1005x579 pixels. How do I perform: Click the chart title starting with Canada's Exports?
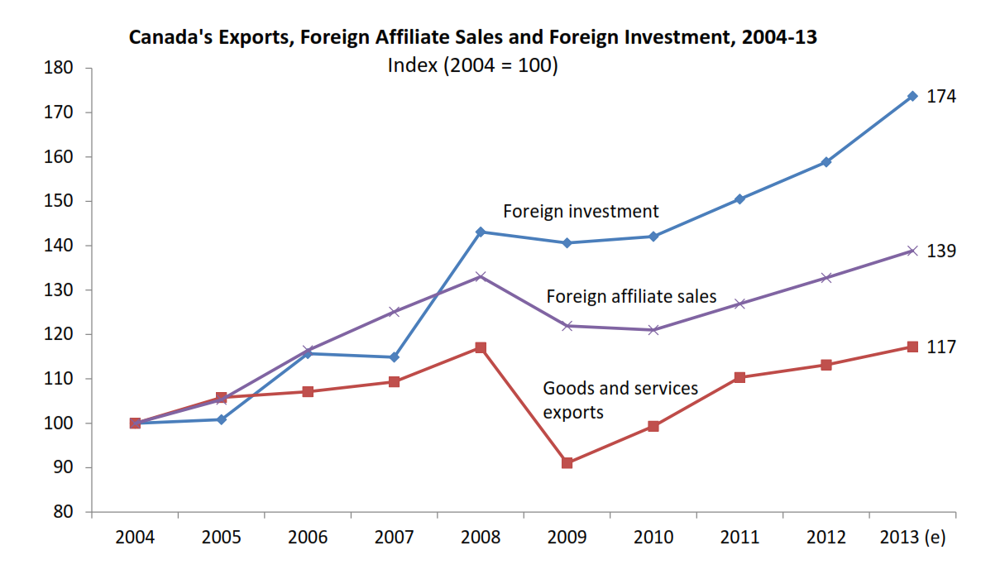pos(472,37)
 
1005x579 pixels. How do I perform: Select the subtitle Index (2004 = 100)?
pos(472,65)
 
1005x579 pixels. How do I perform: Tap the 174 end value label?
pos(941,97)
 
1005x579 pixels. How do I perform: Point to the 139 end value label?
pos(941,251)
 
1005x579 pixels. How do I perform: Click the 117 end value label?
pos(941,347)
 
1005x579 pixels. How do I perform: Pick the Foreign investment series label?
pos(581,211)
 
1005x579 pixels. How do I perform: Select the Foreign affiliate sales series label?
pos(631,296)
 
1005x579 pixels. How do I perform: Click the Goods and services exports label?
pos(620,400)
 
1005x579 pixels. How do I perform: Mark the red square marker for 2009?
pos(567,463)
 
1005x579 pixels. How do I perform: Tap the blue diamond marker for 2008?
pos(481,232)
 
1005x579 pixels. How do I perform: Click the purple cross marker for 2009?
pos(567,326)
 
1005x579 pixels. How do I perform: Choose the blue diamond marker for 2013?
pos(912,96)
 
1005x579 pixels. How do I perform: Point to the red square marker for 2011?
pos(739,377)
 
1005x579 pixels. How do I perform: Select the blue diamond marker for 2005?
pos(222,419)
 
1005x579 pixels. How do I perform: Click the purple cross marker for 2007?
pos(394,312)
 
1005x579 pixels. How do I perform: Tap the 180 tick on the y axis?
pos(62,68)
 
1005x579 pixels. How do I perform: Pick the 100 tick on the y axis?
pos(62,423)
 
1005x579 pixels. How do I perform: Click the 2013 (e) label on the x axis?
pos(912,538)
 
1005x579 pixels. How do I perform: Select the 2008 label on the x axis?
pos(481,538)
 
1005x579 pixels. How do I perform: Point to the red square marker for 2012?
pos(826,365)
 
